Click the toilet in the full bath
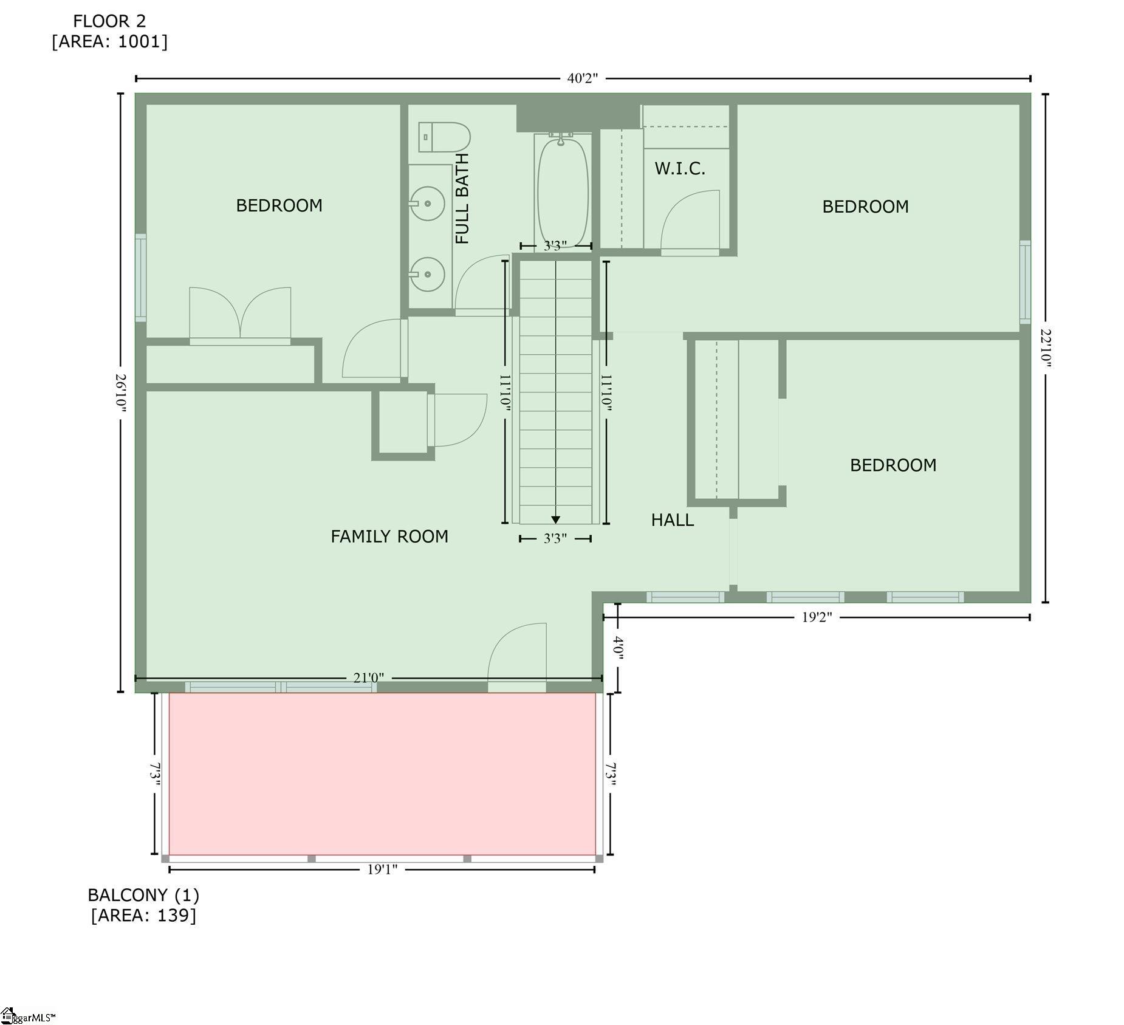[444, 137]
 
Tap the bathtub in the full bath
[563, 191]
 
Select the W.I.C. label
[680, 168]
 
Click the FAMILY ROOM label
[389, 536]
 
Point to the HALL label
[673, 519]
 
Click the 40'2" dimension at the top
[583, 78]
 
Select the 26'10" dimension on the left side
[121, 393]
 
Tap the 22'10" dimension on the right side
[1045, 348]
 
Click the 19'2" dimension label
[817, 617]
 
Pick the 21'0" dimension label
[369, 677]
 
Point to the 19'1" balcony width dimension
[382, 869]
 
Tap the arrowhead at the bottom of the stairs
[555, 519]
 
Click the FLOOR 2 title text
[109, 21]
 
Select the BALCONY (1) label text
[143, 895]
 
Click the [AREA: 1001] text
[109, 42]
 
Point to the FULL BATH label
[462, 199]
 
